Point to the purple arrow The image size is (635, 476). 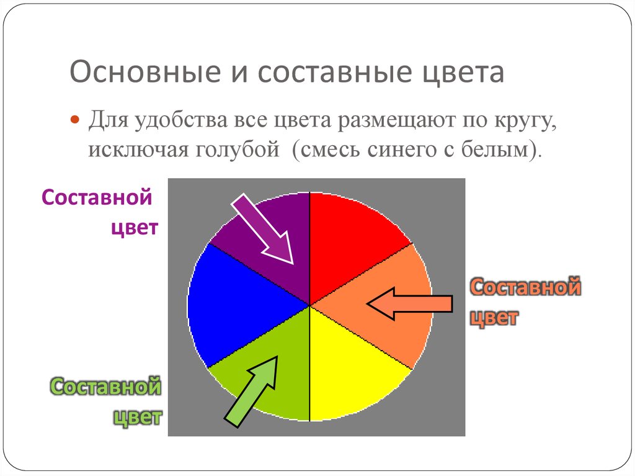(262, 228)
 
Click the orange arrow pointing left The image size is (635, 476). (409, 303)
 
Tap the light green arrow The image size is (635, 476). (252, 391)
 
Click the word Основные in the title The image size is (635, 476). (145, 72)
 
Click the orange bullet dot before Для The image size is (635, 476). (75, 120)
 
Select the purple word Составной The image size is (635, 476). (97, 197)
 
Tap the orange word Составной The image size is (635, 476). (525, 287)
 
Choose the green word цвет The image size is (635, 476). (137, 417)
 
